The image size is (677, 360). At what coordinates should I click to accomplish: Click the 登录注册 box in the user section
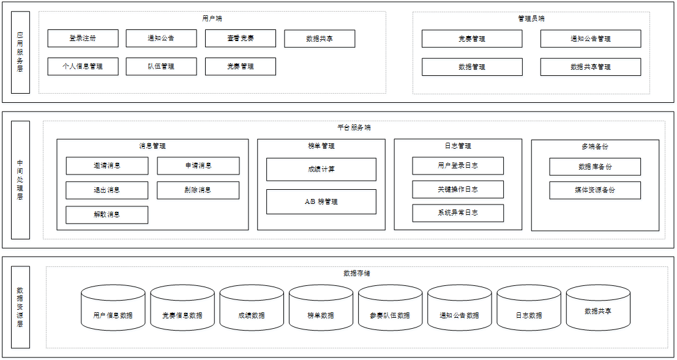tap(83, 39)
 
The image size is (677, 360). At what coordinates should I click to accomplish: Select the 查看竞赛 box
tap(240, 39)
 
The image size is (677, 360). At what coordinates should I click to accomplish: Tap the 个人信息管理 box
tap(83, 66)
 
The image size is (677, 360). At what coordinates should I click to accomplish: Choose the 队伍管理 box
tap(161, 66)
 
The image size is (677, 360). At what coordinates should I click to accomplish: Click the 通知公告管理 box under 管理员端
tap(590, 39)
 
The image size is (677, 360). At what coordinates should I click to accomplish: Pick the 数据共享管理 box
tap(590, 67)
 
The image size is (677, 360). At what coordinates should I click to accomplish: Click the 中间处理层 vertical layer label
tap(20, 179)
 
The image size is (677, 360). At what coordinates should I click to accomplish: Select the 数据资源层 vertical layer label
tap(20, 307)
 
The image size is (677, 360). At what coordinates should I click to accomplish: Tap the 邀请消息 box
tap(107, 166)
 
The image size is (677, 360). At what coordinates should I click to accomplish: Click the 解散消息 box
tap(107, 215)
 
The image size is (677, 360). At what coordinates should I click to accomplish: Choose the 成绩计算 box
tap(321, 170)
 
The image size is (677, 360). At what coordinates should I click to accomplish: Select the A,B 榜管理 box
tap(321, 201)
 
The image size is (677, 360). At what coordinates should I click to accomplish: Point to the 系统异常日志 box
tap(457, 213)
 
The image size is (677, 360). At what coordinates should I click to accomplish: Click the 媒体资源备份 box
tap(594, 190)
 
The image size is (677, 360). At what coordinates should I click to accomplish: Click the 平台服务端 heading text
tap(354, 127)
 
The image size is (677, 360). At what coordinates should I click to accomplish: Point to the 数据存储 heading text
tap(356, 273)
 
